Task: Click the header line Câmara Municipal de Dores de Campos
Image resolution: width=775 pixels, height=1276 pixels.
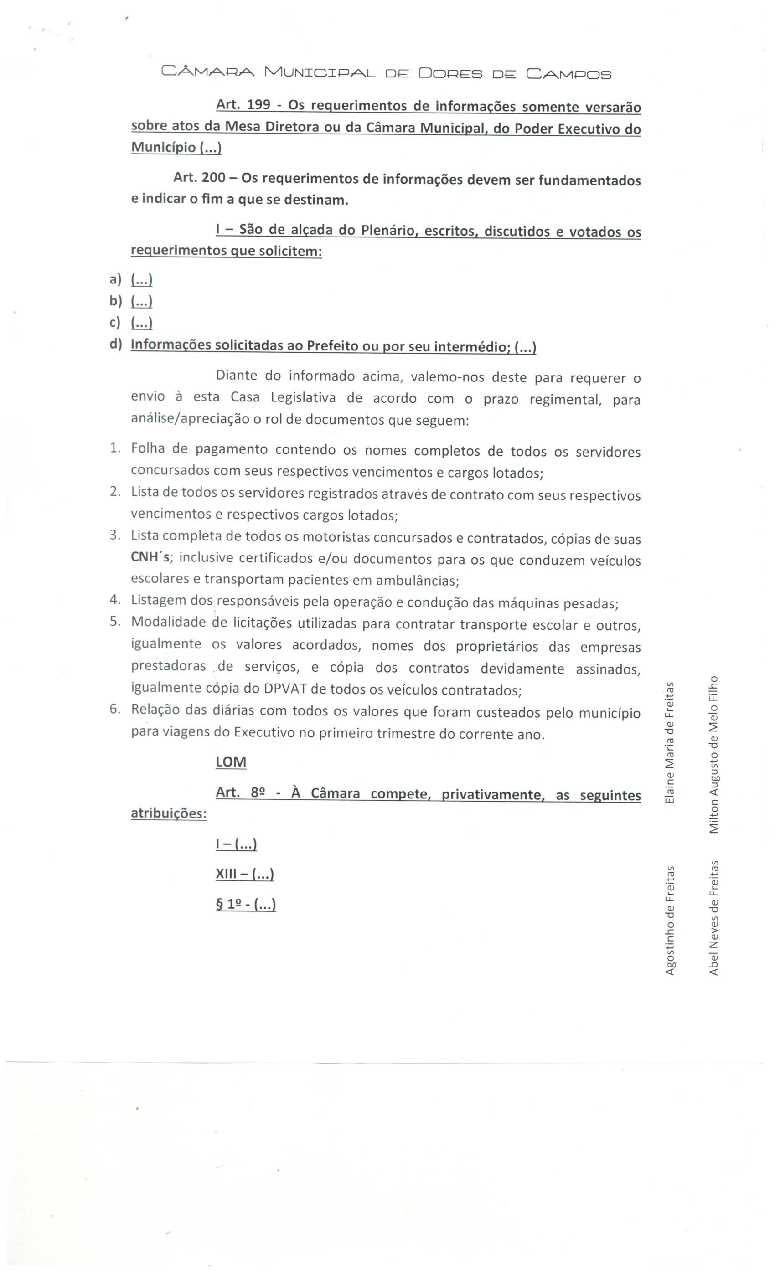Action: click(x=386, y=73)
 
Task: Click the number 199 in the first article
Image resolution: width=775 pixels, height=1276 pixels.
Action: click(x=258, y=105)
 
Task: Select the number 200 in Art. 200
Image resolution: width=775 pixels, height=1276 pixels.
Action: click(x=213, y=178)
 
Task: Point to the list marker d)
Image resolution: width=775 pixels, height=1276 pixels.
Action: click(x=115, y=345)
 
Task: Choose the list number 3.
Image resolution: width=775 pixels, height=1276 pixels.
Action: click(x=114, y=535)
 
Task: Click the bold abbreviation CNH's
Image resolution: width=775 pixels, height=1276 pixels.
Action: click(x=150, y=558)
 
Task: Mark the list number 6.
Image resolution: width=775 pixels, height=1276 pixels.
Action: click(x=114, y=710)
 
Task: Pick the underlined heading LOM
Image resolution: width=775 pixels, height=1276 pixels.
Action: click(x=231, y=762)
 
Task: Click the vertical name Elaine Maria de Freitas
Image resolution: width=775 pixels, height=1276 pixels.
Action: click(x=669, y=743)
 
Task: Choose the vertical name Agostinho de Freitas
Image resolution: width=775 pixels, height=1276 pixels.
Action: click(x=669, y=921)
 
